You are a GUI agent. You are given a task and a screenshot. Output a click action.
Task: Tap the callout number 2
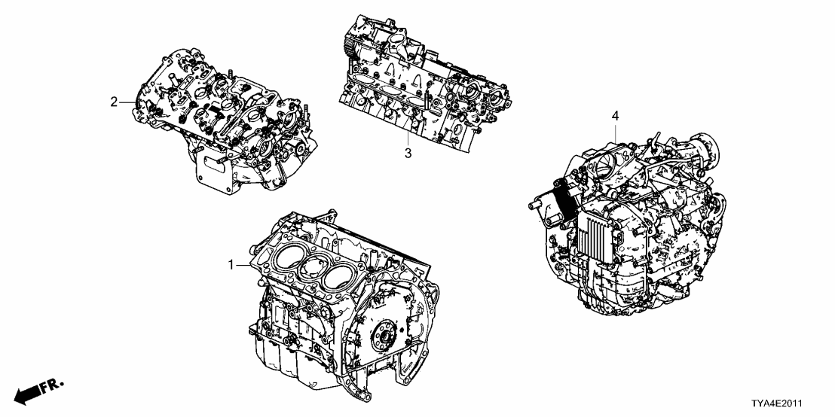point(114,102)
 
